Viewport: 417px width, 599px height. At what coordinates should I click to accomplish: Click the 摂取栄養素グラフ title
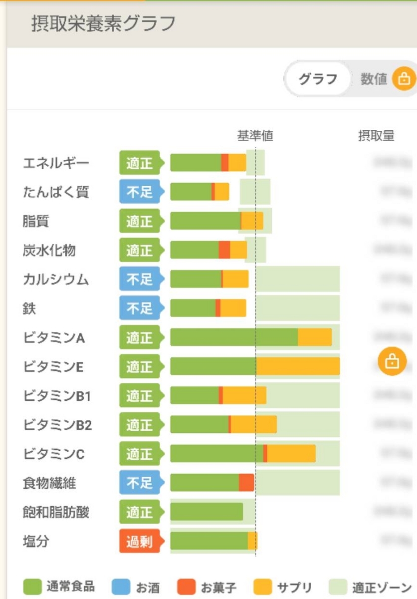(x=103, y=23)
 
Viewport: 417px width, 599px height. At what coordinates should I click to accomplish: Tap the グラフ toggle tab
(x=318, y=79)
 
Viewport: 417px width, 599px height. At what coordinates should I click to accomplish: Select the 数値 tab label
(x=374, y=79)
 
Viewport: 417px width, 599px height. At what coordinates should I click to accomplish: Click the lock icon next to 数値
(x=404, y=79)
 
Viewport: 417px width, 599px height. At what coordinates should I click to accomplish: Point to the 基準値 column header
(x=255, y=136)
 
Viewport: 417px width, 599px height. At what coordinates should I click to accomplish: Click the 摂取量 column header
(x=376, y=136)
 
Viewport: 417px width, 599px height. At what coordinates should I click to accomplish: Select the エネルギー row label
(x=56, y=163)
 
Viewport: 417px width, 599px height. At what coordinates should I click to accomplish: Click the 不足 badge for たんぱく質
(x=140, y=192)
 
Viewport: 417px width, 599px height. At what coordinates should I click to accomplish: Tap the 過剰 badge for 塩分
(x=140, y=542)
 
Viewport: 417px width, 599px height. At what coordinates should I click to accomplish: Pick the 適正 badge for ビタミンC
(x=140, y=454)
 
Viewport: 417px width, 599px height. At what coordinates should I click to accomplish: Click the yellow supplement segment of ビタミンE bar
(x=298, y=366)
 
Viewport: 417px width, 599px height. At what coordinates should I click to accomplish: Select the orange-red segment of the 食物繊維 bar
(x=246, y=483)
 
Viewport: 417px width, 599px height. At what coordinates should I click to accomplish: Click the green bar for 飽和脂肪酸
(x=207, y=512)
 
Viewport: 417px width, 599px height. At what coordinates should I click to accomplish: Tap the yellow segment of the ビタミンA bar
(x=315, y=337)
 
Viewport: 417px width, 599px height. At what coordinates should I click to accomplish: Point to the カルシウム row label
(x=56, y=280)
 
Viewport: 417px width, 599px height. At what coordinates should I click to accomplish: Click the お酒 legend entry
(x=139, y=587)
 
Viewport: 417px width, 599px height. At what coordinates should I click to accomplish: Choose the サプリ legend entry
(x=283, y=587)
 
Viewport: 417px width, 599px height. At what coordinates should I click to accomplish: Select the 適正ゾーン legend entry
(x=371, y=587)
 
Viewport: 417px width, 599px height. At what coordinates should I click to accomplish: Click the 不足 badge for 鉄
(x=140, y=308)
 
